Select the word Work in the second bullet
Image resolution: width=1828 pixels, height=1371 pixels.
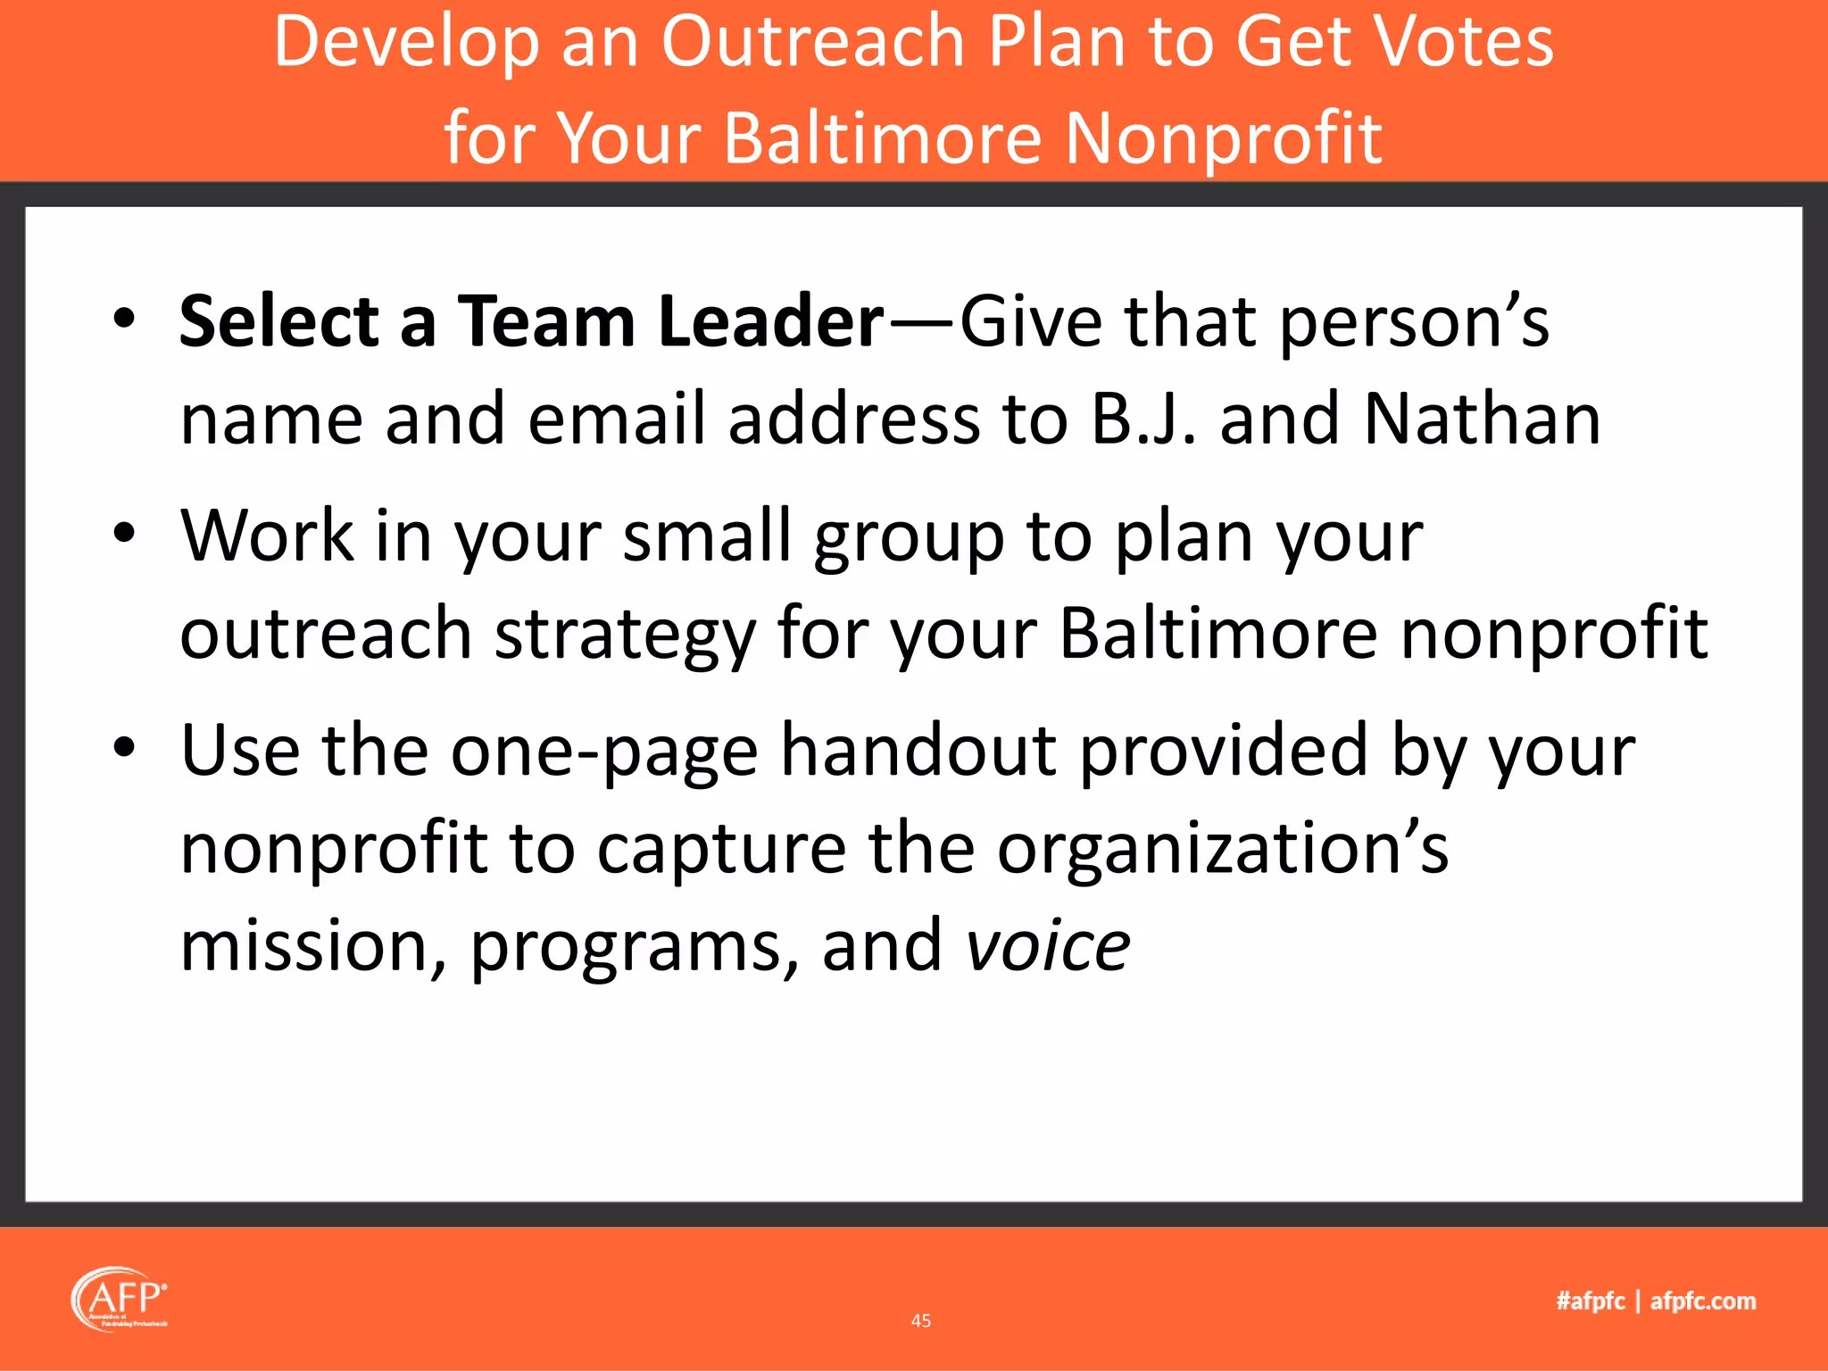267,536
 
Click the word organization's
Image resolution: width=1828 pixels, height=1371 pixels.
1223,848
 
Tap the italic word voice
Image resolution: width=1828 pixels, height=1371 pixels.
1049,946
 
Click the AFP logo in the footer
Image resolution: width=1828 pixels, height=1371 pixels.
120,1300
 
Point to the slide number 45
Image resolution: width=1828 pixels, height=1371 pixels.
921,1321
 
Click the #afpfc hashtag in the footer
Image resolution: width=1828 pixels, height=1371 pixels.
1591,1301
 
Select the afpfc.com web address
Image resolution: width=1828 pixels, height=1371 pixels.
1703,1301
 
